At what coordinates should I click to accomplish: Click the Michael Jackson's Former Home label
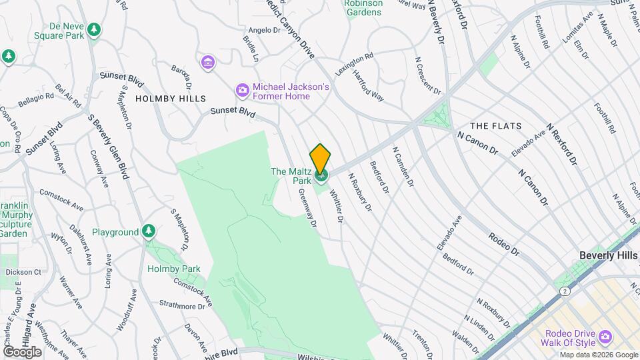point(281,91)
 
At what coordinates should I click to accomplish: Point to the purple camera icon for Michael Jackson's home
point(242,90)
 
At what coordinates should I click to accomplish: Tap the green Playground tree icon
point(149,231)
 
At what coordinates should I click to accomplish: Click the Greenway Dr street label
point(308,207)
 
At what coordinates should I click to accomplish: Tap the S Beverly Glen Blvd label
point(108,146)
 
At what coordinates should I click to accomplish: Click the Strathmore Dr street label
point(183,306)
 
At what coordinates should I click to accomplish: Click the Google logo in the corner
point(22,351)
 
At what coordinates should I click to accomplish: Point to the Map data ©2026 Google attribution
point(598,355)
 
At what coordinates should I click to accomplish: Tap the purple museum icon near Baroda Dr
point(209,63)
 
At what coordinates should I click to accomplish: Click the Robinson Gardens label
point(363,7)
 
